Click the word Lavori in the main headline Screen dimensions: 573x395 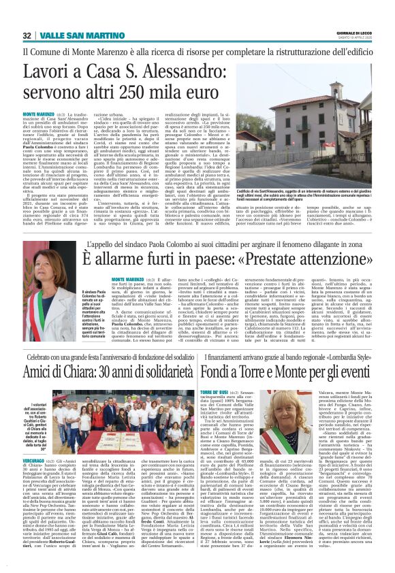tap(51, 73)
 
